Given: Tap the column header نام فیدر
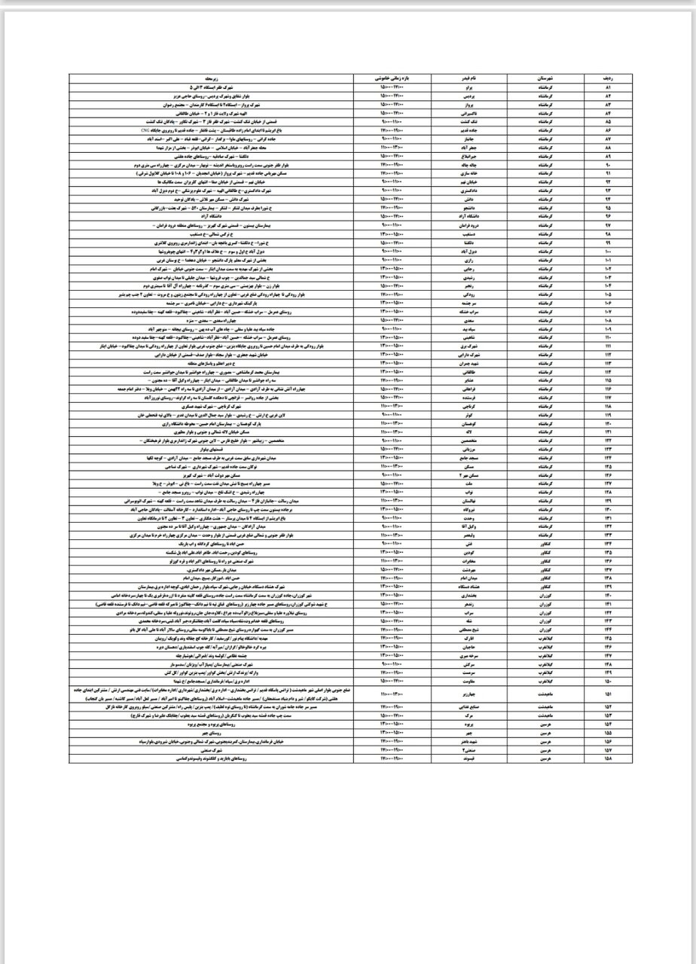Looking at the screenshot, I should coord(466,79).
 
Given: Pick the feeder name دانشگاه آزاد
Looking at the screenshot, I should coord(466,218).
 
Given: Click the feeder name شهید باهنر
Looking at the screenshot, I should coord(466,742).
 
